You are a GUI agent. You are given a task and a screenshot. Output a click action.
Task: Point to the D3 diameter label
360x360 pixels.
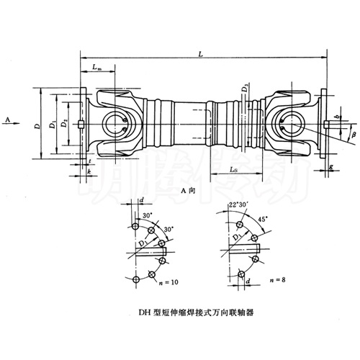coord(246,89)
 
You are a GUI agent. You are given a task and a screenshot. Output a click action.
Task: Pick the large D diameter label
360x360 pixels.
coord(37,125)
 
